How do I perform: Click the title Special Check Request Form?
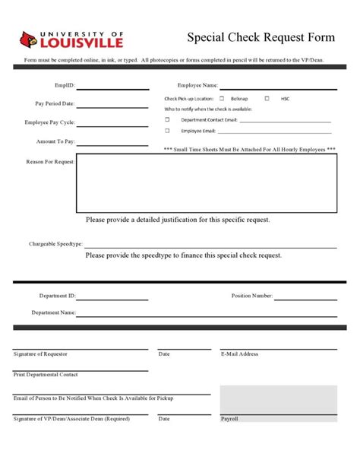point(261,38)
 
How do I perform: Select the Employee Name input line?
point(277,88)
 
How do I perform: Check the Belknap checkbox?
point(222,99)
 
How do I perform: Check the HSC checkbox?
point(267,99)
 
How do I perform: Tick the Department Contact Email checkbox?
point(167,119)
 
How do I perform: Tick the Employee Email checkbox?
point(167,131)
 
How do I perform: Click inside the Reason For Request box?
point(206,182)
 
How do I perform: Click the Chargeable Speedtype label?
point(55,244)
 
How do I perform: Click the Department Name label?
point(53,312)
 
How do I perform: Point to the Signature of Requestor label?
point(40,354)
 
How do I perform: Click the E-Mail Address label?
point(239,354)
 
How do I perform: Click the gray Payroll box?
point(278,403)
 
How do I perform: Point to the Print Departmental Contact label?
point(46,375)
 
